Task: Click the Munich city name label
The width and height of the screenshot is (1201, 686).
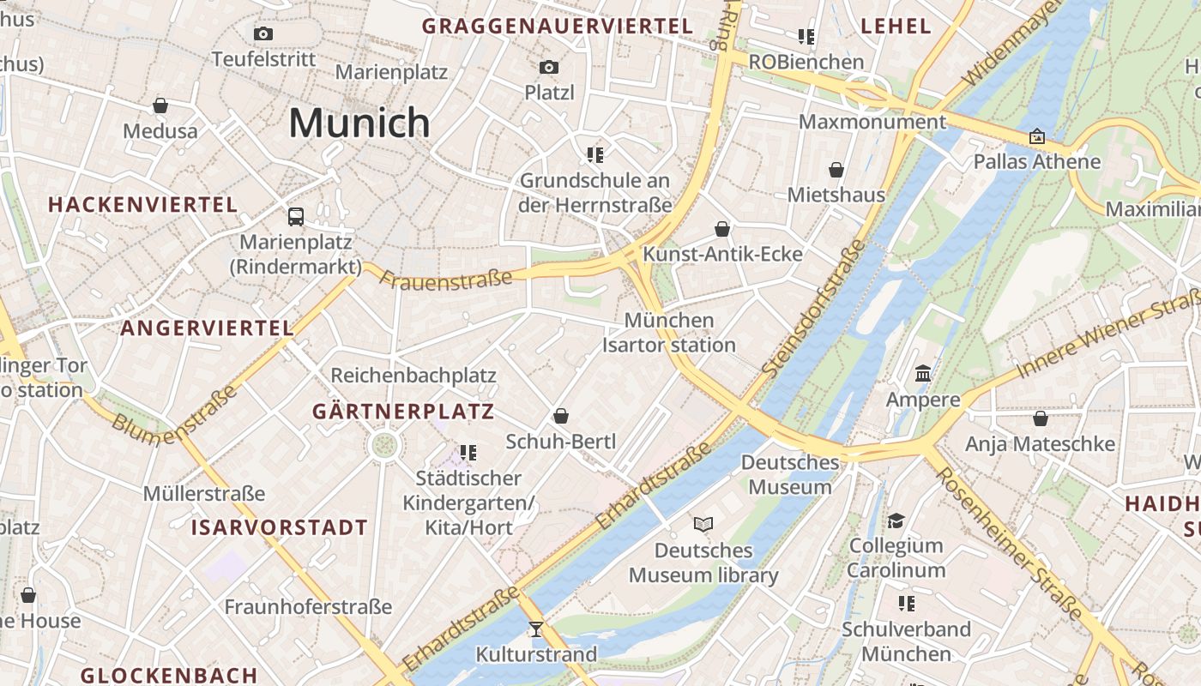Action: click(x=359, y=123)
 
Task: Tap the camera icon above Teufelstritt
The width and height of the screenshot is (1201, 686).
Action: click(x=263, y=34)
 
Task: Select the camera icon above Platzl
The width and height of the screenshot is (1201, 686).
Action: click(x=549, y=67)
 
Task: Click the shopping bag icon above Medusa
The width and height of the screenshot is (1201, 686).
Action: click(x=160, y=105)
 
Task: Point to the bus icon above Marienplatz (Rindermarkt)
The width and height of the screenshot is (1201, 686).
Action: click(x=296, y=216)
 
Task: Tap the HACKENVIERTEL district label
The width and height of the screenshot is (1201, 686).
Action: click(x=142, y=205)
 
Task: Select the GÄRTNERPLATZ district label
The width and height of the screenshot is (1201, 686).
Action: click(x=403, y=412)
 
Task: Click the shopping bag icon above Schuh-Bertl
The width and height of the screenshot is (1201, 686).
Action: click(x=561, y=416)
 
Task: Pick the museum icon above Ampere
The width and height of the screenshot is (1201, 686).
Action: click(x=923, y=374)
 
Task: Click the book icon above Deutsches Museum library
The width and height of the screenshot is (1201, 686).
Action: click(x=703, y=524)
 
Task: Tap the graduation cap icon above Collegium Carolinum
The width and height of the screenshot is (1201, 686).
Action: click(x=896, y=521)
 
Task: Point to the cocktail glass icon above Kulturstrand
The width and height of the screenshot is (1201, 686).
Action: click(x=536, y=629)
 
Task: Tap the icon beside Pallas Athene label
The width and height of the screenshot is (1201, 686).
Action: click(x=1037, y=136)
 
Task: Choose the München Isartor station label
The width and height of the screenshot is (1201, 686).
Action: click(x=669, y=333)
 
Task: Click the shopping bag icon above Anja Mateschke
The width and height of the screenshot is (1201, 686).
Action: click(x=1041, y=418)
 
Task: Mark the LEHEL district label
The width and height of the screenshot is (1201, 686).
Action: click(x=896, y=26)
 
